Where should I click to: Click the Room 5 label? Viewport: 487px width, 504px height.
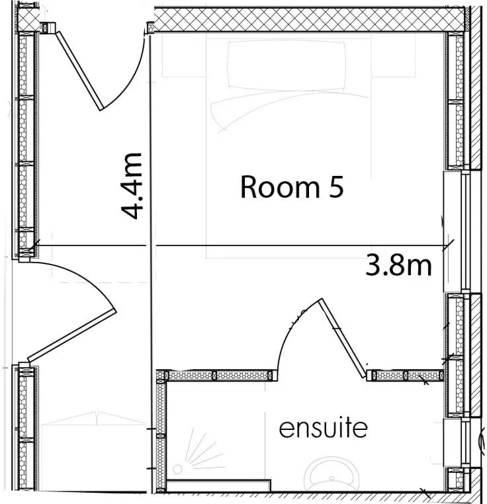point(292,187)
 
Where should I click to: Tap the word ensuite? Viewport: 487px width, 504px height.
point(323,428)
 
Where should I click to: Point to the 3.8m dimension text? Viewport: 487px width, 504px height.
point(398,265)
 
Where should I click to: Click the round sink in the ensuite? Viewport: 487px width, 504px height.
point(332,472)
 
